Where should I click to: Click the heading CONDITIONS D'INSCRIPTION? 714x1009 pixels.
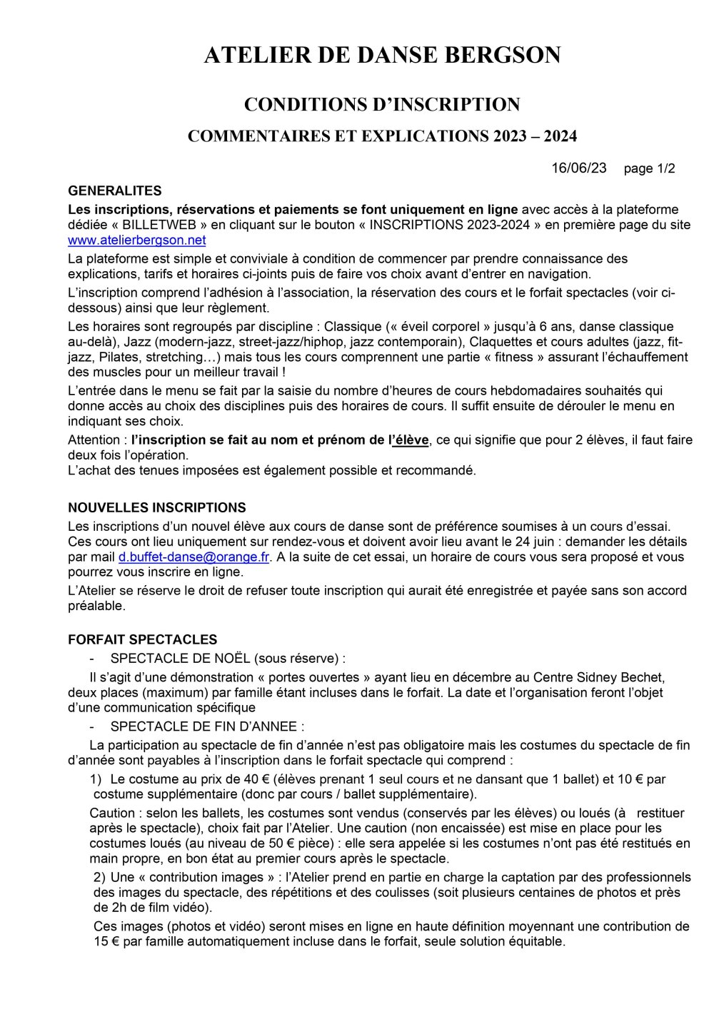pos(382,105)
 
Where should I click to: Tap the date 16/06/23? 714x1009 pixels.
pos(579,168)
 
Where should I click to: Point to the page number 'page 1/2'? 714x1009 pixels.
pos(649,169)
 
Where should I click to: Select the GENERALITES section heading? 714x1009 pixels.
pos(114,191)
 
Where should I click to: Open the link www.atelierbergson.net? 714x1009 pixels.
pos(136,240)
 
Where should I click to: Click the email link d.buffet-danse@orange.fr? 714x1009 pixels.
pos(193,557)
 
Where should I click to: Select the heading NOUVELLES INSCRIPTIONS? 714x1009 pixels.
pos(156,508)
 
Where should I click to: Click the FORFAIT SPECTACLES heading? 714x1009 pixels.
pos(142,640)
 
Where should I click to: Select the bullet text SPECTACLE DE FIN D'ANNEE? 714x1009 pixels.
pos(207,727)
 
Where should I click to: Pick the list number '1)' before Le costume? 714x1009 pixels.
pos(96,779)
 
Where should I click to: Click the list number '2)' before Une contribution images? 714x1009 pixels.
pos(99,877)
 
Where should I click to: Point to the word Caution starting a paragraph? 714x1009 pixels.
pos(112,813)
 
